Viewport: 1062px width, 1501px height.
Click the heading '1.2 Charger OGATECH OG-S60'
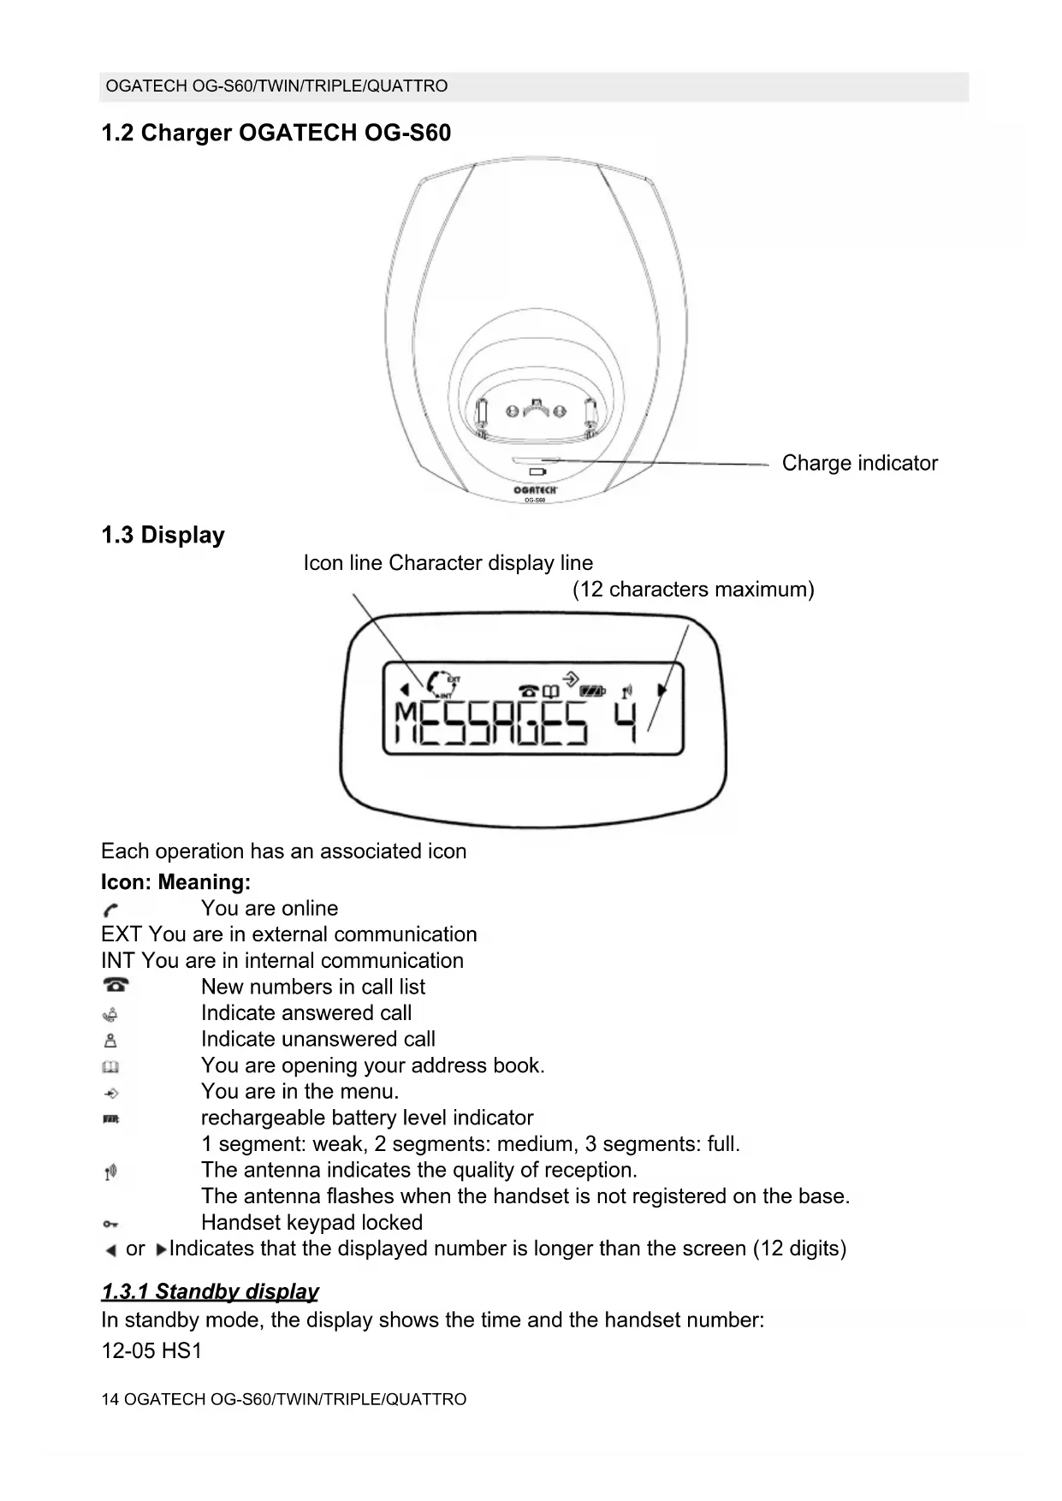pyautogui.click(x=276, y=133)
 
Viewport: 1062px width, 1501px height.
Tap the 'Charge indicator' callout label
pyautogui.click(x=859, y=463)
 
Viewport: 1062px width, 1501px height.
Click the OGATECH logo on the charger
pyautogui.click(x=535, y=489)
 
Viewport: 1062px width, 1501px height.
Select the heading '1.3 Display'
pyautogui.click(x=163, y=536)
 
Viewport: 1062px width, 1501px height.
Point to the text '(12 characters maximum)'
pyautogui.click(x=693, y=590)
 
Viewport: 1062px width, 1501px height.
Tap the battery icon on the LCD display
pyautogui.click(x=592, y=690)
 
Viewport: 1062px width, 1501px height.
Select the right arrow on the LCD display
pyautogui.click(x=662, y=690)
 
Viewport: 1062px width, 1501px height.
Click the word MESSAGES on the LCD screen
pyautogui.click(x=491, y=723)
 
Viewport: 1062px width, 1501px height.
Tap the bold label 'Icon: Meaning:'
pyautogui.click(x=175, y=882)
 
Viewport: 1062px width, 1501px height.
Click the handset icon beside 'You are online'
pyautogui.click(x=110, y=909)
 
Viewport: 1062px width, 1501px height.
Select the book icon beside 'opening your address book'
pyautogui.click(x=110, y=1066)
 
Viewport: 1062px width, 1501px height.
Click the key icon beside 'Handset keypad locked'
pyautogui.click(x=110, y=1224)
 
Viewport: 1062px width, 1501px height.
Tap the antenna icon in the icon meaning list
pyautogui.click(x=110, y=1172)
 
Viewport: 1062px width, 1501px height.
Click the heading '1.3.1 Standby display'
pyautogui.click(x=210, y=1291)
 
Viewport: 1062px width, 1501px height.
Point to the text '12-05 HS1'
pyautogui.click(x=151, y=1351)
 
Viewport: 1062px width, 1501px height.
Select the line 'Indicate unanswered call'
pyautogui.click(x=317, y=1040)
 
